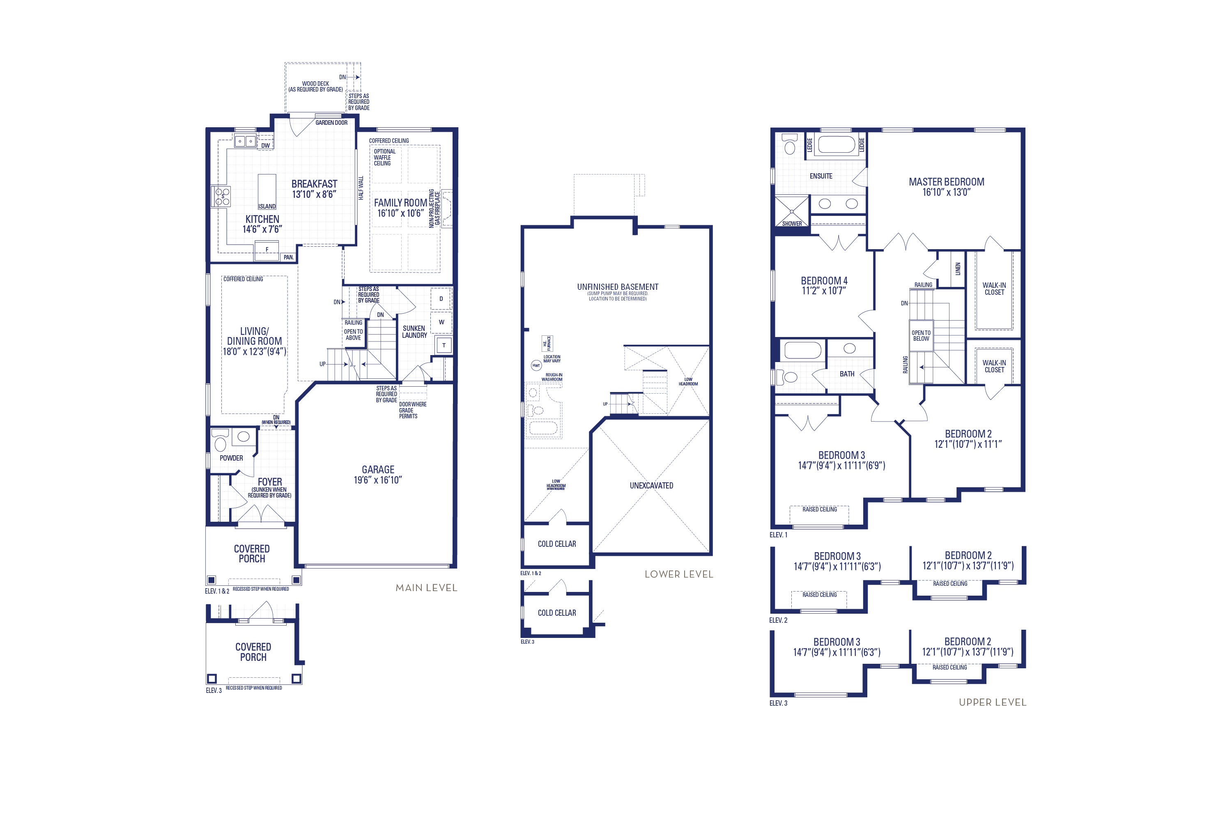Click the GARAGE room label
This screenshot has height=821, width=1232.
click(x=378, y=470)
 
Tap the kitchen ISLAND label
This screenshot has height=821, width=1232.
click(x=267, y=206)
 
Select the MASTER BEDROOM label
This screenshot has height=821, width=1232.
click(x=946, y=182)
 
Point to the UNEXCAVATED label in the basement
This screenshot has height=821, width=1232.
click(x=651, y=485)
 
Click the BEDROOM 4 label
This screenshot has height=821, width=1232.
click(x=824, y=281)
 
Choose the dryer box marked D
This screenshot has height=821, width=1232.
click(x=441, y=299)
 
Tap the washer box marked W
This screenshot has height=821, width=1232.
click(x=441, y=322)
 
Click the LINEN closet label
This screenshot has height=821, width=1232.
click(x=958, y=268)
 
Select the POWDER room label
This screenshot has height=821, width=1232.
click(x=231, y=458)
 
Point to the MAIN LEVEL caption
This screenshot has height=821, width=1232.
click(x=426, y=587)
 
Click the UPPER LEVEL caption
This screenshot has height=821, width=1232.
click(x=992, y=702)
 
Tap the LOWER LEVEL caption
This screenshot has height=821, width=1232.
click(x=679, y=574)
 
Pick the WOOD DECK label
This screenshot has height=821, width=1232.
click(x=315, y=84)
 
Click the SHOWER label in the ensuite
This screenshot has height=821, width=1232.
click(x=791, y=224)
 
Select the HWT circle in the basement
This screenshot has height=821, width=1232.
click(x=536, y=365)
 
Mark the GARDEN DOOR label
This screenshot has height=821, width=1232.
click(x=331, y=122)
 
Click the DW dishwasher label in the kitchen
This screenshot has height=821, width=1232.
click(x=266, y=146)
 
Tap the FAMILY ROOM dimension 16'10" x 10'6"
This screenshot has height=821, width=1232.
click(x=400, y=213)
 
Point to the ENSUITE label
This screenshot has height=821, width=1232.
click(x=821, y=176)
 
